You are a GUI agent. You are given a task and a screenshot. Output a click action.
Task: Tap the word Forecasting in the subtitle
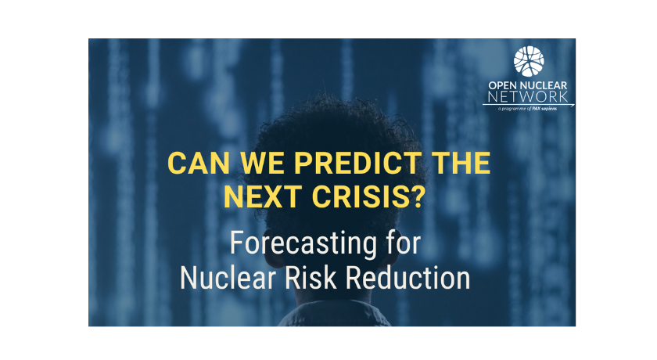(x=303, y=243)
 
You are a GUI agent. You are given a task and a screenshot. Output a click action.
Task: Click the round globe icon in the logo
(x=529, y=61)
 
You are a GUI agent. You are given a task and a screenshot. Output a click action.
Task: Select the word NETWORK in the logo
(x=528, y=97)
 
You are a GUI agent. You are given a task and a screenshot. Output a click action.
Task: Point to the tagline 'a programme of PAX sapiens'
(x=527, y=109)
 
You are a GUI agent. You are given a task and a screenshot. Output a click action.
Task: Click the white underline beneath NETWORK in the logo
(x=529, y=105)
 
